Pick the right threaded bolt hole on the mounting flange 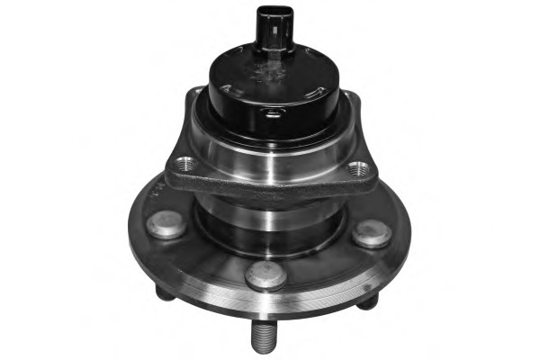point(358,168)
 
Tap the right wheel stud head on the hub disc point(371,233)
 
